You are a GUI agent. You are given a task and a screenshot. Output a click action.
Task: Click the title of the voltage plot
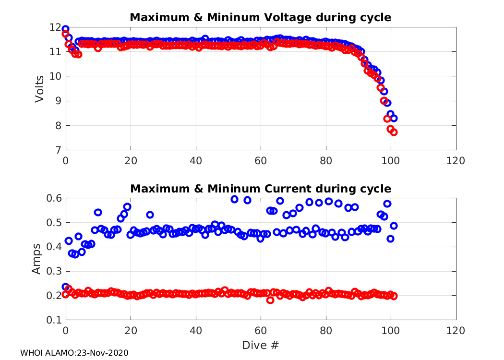pyautogui.click(x=261, y=18)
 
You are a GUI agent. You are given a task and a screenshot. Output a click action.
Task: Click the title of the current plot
pyautogui.click(x=261, y=188)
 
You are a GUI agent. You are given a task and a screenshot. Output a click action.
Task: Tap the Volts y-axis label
pyautogui.click(x=40, y=89)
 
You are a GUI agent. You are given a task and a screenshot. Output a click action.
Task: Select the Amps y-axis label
pyautogui.click(x=36, y=259)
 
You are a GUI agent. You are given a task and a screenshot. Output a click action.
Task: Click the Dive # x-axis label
pyautogui.click(x=261, y=345)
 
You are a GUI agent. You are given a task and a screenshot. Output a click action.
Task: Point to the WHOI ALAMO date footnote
pyautogui.click(x=74, y=353)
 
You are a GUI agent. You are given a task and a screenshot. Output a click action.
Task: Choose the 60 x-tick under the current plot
pyautogui.click(x=261, y=331)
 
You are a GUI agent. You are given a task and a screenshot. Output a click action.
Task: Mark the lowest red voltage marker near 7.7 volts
pyautogui.click(x=394, y=132)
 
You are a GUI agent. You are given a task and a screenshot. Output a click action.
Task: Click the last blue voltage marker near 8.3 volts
pyautogui.click(x=394, y=118)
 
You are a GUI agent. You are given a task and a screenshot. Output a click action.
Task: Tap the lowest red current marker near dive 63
pyautogui.click(x=270, y=300)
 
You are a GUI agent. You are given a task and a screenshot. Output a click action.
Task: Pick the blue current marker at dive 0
pyautogui.click(x=66, y=287)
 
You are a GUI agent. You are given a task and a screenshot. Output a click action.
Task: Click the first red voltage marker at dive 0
pyautogui.click(x=66, y=34)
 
